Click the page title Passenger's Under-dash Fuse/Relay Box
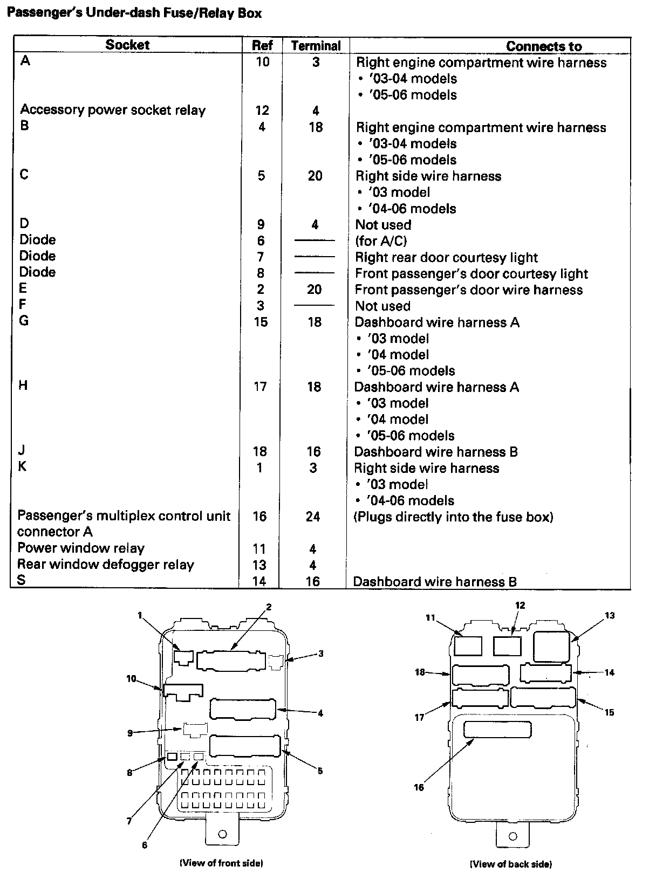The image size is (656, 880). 134,13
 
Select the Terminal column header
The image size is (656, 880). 316,46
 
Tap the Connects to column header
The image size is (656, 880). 543,46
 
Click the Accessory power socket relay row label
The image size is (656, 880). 113,110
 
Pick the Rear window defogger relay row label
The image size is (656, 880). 106,565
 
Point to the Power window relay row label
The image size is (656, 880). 81,548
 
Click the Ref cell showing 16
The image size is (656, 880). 259,517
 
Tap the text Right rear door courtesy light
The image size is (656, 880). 446,257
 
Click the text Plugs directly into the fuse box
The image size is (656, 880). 453,517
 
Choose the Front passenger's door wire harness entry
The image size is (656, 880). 468,290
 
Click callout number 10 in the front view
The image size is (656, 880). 131,679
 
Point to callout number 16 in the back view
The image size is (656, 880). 419,787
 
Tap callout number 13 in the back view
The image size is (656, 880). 610,615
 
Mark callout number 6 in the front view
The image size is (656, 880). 145,845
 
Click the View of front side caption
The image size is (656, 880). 221,863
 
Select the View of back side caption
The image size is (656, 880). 511,864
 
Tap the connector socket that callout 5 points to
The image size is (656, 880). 245,745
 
